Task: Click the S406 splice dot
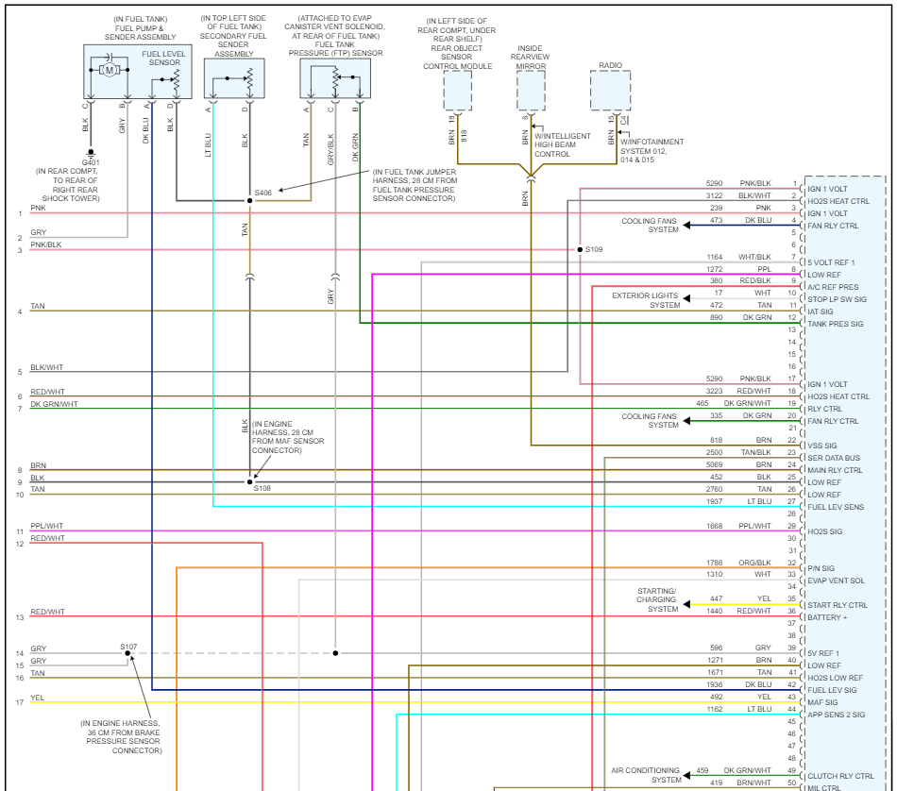[x=249, y=201]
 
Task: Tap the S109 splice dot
[x=579, y=250]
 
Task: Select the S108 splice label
[x=262, y=489]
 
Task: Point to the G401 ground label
[x=91, y=162]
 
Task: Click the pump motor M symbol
[x=110, y=70]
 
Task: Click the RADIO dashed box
[x=611, y=92]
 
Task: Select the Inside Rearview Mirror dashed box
[x=531, y=92]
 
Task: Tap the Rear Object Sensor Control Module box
[x=458, y=92]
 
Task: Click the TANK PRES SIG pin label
[x=836, y=324]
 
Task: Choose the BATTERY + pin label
[x=828, y=616]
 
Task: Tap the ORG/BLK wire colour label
[x=755, y=563]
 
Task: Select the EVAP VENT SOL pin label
[x=837, y=581]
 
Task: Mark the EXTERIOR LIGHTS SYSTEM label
[x=645, y=300]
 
